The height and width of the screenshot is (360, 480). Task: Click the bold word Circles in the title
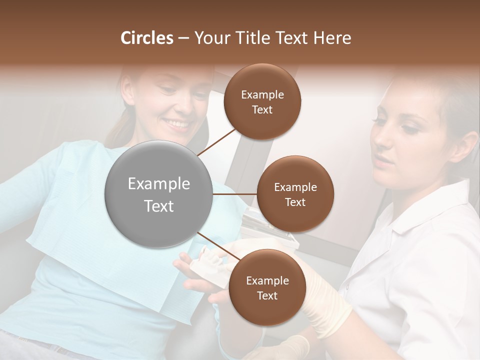pyautogui.click(x=146, y=38)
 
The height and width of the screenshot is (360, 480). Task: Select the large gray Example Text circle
pyautogui.click(x=159, y=194)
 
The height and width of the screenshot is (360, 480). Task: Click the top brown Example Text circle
pyautogui.click(x=262, y=102)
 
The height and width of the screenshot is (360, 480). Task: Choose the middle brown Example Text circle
pyautogui.click(x=295, y=194)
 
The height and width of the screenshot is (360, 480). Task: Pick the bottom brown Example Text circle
pyautogui.click(x=267, y=288)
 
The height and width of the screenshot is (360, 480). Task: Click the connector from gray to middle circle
pyautogui.click(x=235, y=194)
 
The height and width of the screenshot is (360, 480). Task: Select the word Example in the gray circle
pyautogui.click(x=159, y=184)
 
